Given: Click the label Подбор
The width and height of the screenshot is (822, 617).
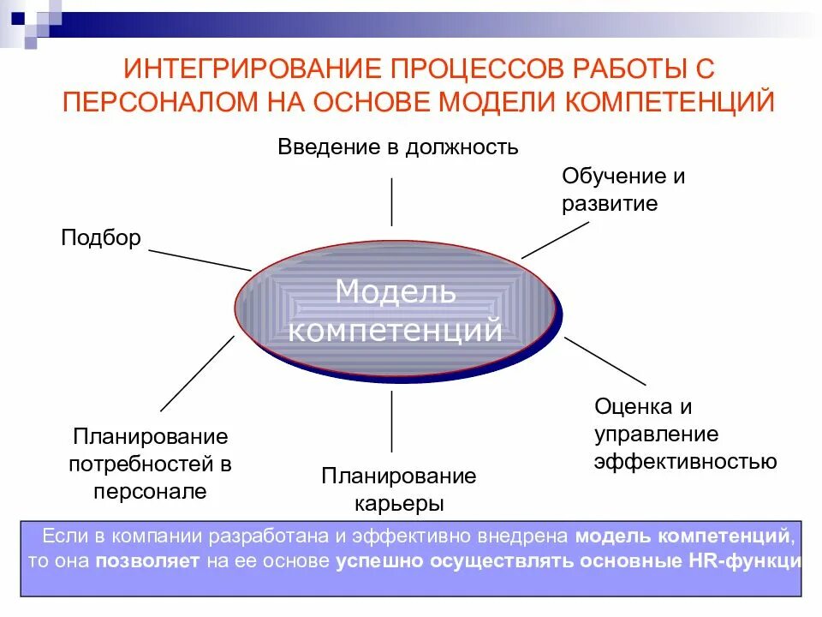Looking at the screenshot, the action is [100, 237].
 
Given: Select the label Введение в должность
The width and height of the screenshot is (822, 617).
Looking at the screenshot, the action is [397, 147].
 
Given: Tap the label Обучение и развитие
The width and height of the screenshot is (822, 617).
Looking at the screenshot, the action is [623, 190].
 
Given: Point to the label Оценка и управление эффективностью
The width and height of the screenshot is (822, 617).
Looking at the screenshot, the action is [685, 434].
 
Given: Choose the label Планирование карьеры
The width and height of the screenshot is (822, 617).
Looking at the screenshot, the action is [398, 488].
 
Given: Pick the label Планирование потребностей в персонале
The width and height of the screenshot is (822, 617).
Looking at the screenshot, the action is [151, 464].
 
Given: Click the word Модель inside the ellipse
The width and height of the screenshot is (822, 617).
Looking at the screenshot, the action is [396, 291].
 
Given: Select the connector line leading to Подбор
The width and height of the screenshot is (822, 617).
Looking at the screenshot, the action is [200, 261].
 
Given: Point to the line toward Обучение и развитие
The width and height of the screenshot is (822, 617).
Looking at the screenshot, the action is [555, 239].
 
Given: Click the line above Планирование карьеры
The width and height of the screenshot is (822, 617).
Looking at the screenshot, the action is [392, 421].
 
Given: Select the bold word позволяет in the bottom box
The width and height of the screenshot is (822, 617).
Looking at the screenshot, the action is [147, 562].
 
